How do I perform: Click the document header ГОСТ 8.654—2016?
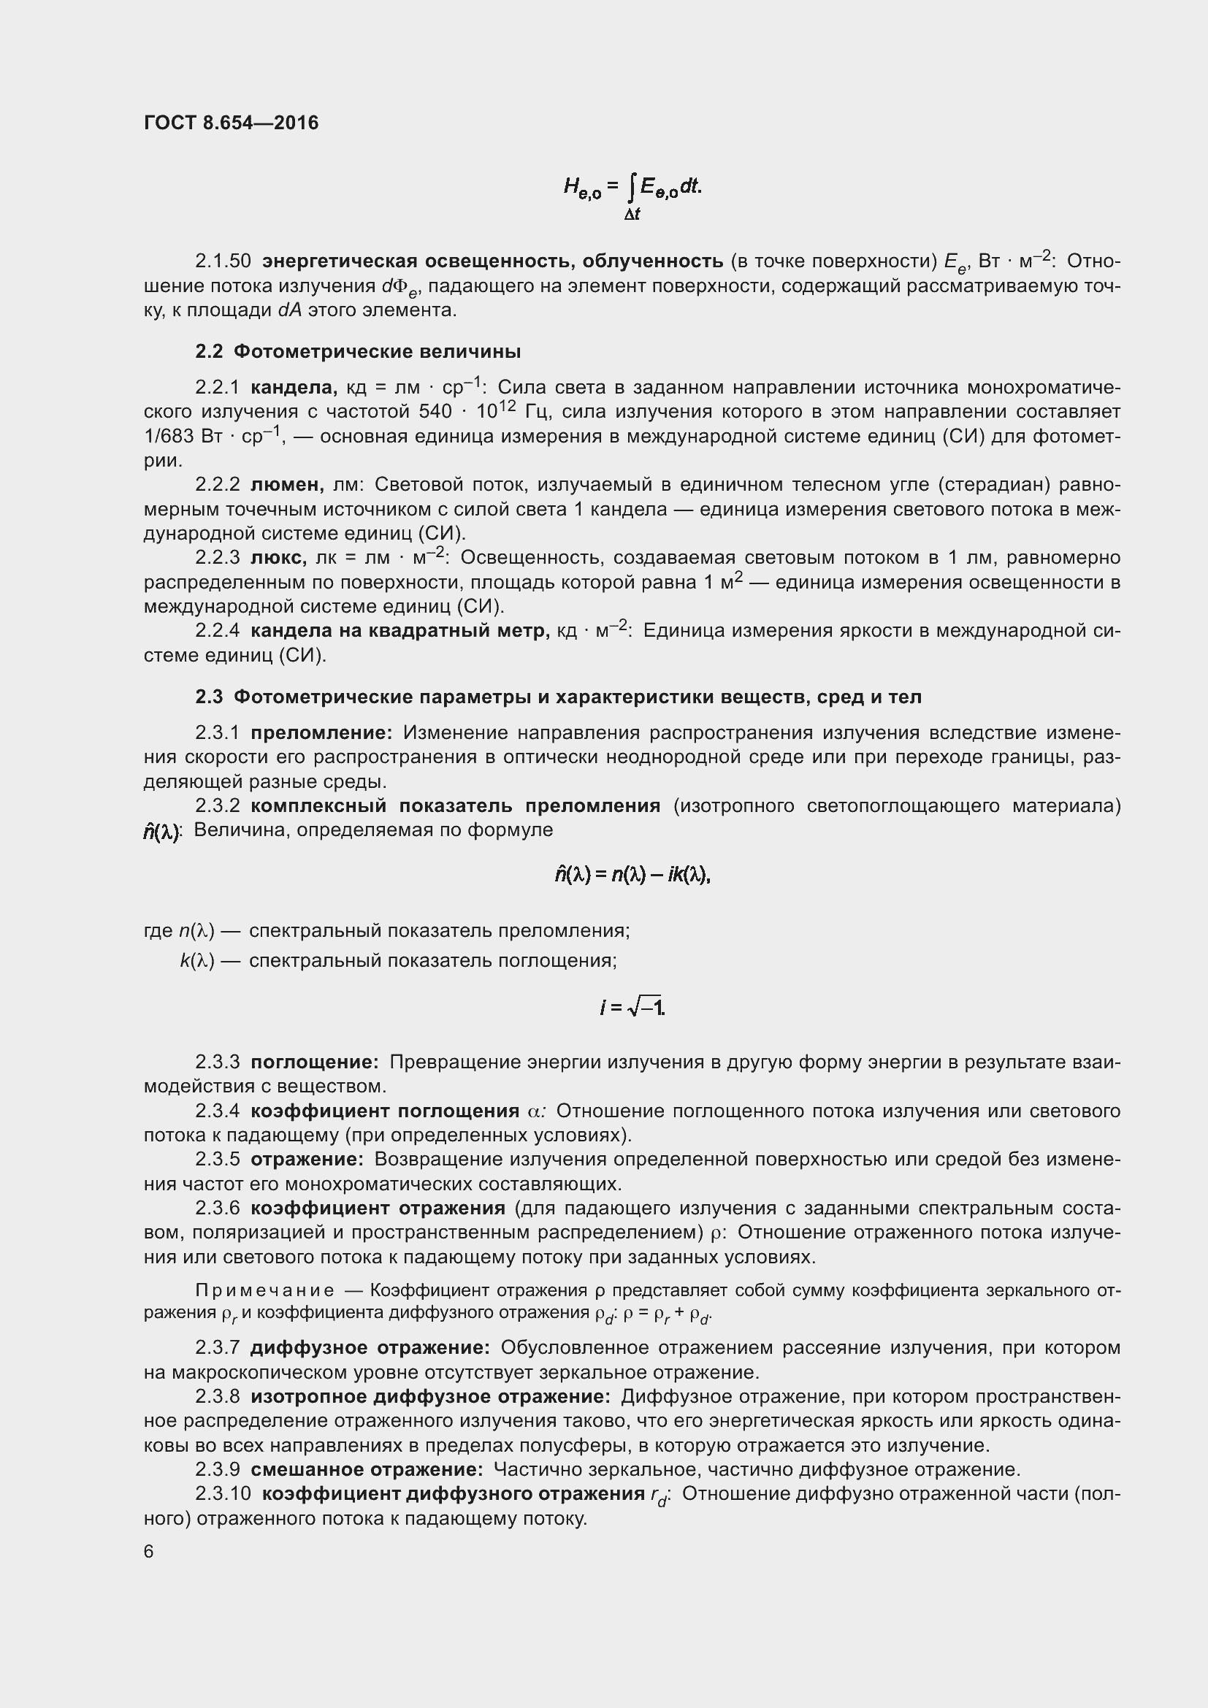coord(231,123)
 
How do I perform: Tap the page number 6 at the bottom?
coord(149,1551)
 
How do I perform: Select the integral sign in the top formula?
coord(632,188)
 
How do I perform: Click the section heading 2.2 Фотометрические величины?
coord(358,351)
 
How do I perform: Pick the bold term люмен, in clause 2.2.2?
coord(287,485)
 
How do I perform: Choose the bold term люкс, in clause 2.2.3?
coord(279,558)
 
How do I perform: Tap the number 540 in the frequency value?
coord(435,412)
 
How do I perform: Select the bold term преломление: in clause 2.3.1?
coord(321,732)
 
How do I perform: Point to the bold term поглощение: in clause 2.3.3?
coord(315,1062)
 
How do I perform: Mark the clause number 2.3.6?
coord(217,1207)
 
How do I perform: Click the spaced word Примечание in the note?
coord(264,1290)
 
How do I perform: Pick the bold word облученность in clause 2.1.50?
coord(652,261)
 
